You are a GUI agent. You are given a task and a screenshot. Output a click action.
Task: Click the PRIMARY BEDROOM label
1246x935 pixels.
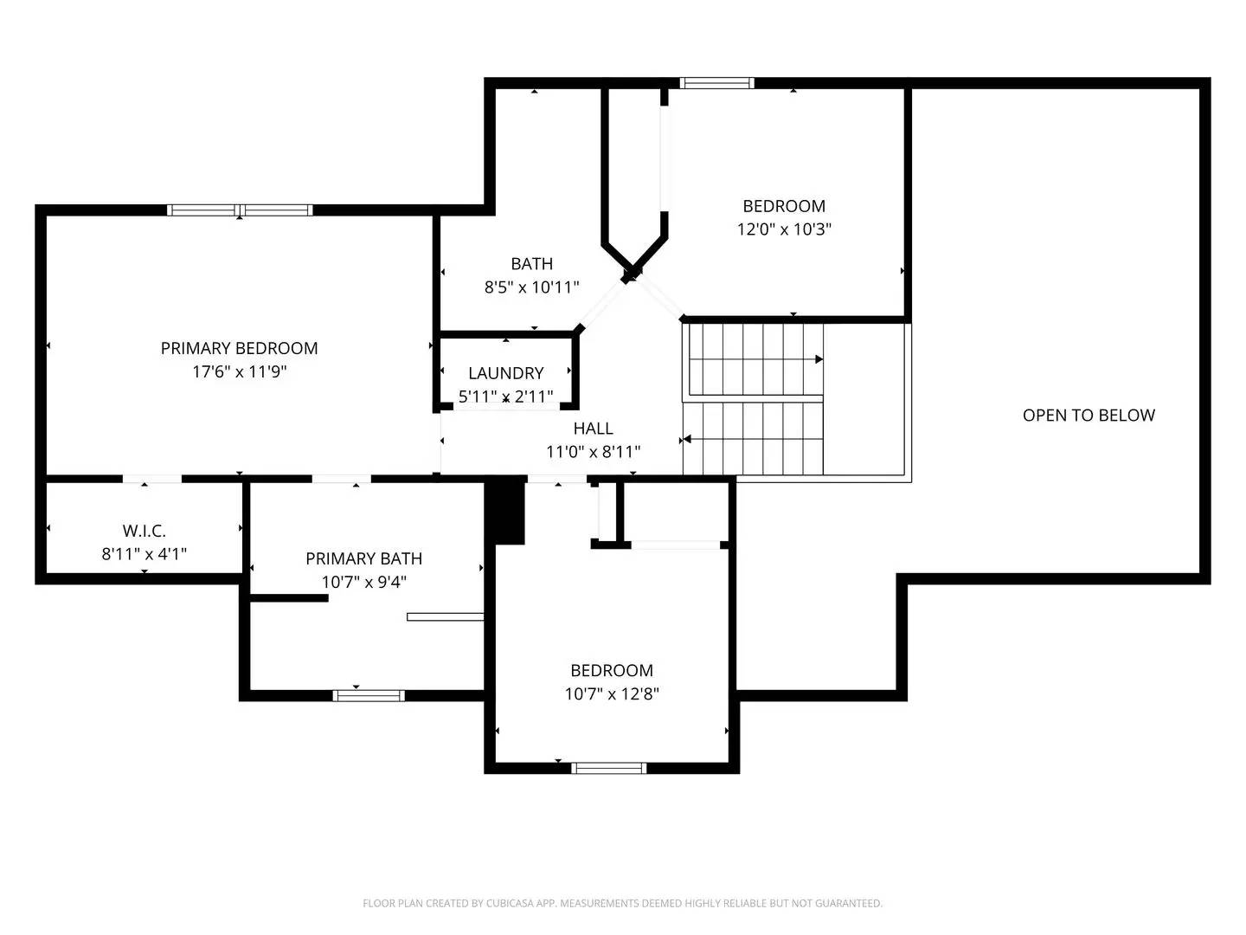239,348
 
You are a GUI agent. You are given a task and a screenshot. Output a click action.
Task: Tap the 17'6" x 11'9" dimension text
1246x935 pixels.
239,371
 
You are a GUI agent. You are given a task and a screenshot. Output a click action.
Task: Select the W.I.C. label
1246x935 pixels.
144,531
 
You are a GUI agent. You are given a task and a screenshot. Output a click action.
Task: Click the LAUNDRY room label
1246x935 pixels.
505,373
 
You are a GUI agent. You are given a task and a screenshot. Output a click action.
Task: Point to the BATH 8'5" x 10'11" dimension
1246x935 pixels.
531,287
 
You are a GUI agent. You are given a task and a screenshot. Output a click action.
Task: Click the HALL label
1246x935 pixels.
593,429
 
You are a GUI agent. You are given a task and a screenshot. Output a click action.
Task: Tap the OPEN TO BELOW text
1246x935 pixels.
1089,416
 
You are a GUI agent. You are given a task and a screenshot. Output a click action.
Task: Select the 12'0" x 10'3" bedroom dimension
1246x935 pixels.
784,229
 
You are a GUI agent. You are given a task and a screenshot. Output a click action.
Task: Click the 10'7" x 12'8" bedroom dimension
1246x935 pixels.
612,693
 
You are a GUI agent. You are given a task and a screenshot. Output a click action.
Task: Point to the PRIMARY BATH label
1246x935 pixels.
363,558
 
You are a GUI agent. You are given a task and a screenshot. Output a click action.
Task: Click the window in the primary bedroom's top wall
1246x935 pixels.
240,210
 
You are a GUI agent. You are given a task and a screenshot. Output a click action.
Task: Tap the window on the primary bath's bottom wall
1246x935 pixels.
369,695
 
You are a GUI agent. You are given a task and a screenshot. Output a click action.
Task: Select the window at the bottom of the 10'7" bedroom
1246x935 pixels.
609,767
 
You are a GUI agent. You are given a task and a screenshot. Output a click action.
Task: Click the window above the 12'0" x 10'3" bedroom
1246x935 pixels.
716,83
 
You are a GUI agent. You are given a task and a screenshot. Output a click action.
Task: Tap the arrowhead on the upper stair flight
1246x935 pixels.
818,358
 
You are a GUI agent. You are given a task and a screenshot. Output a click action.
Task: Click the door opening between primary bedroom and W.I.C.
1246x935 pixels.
152,478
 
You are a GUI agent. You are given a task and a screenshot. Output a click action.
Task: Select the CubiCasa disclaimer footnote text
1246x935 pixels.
622,903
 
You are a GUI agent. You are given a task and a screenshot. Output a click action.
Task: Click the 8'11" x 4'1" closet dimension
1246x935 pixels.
144,554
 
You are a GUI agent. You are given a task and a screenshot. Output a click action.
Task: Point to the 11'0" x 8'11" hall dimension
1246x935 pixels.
593,452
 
